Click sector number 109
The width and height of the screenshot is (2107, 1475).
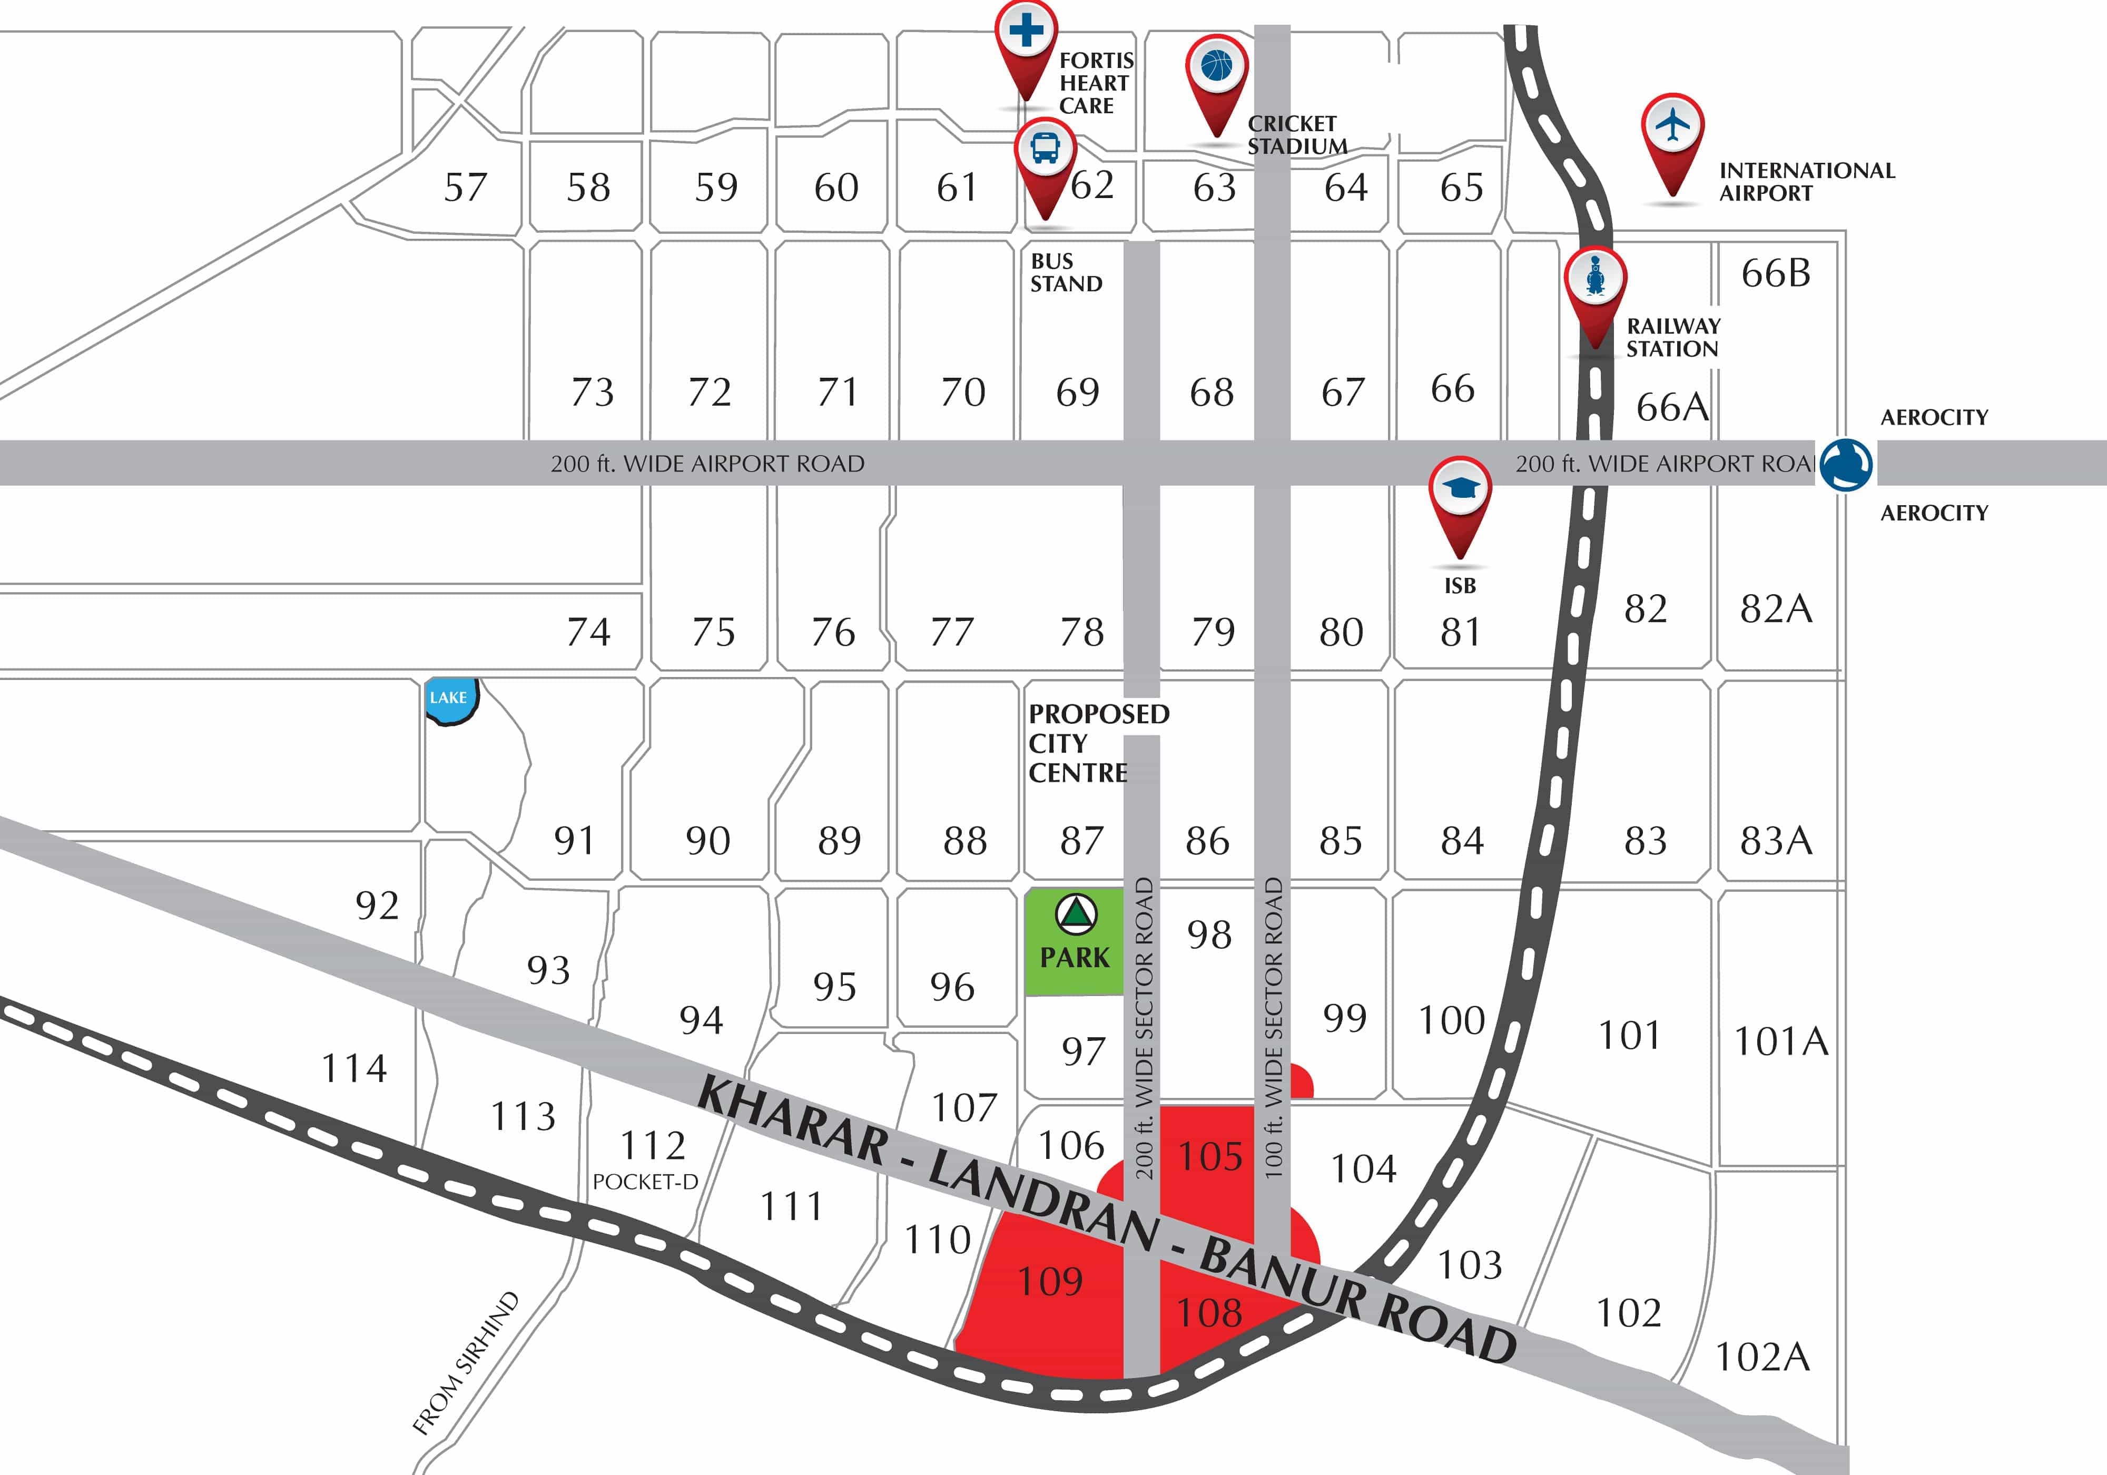tap(1050, 1281)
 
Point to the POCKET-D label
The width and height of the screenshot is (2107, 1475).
tap(645, 1182)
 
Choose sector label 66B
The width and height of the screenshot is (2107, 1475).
tap(1776, 273)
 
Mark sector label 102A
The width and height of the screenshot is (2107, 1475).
tap(1762, 1356)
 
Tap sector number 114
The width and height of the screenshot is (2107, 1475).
tap(354, 1068)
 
